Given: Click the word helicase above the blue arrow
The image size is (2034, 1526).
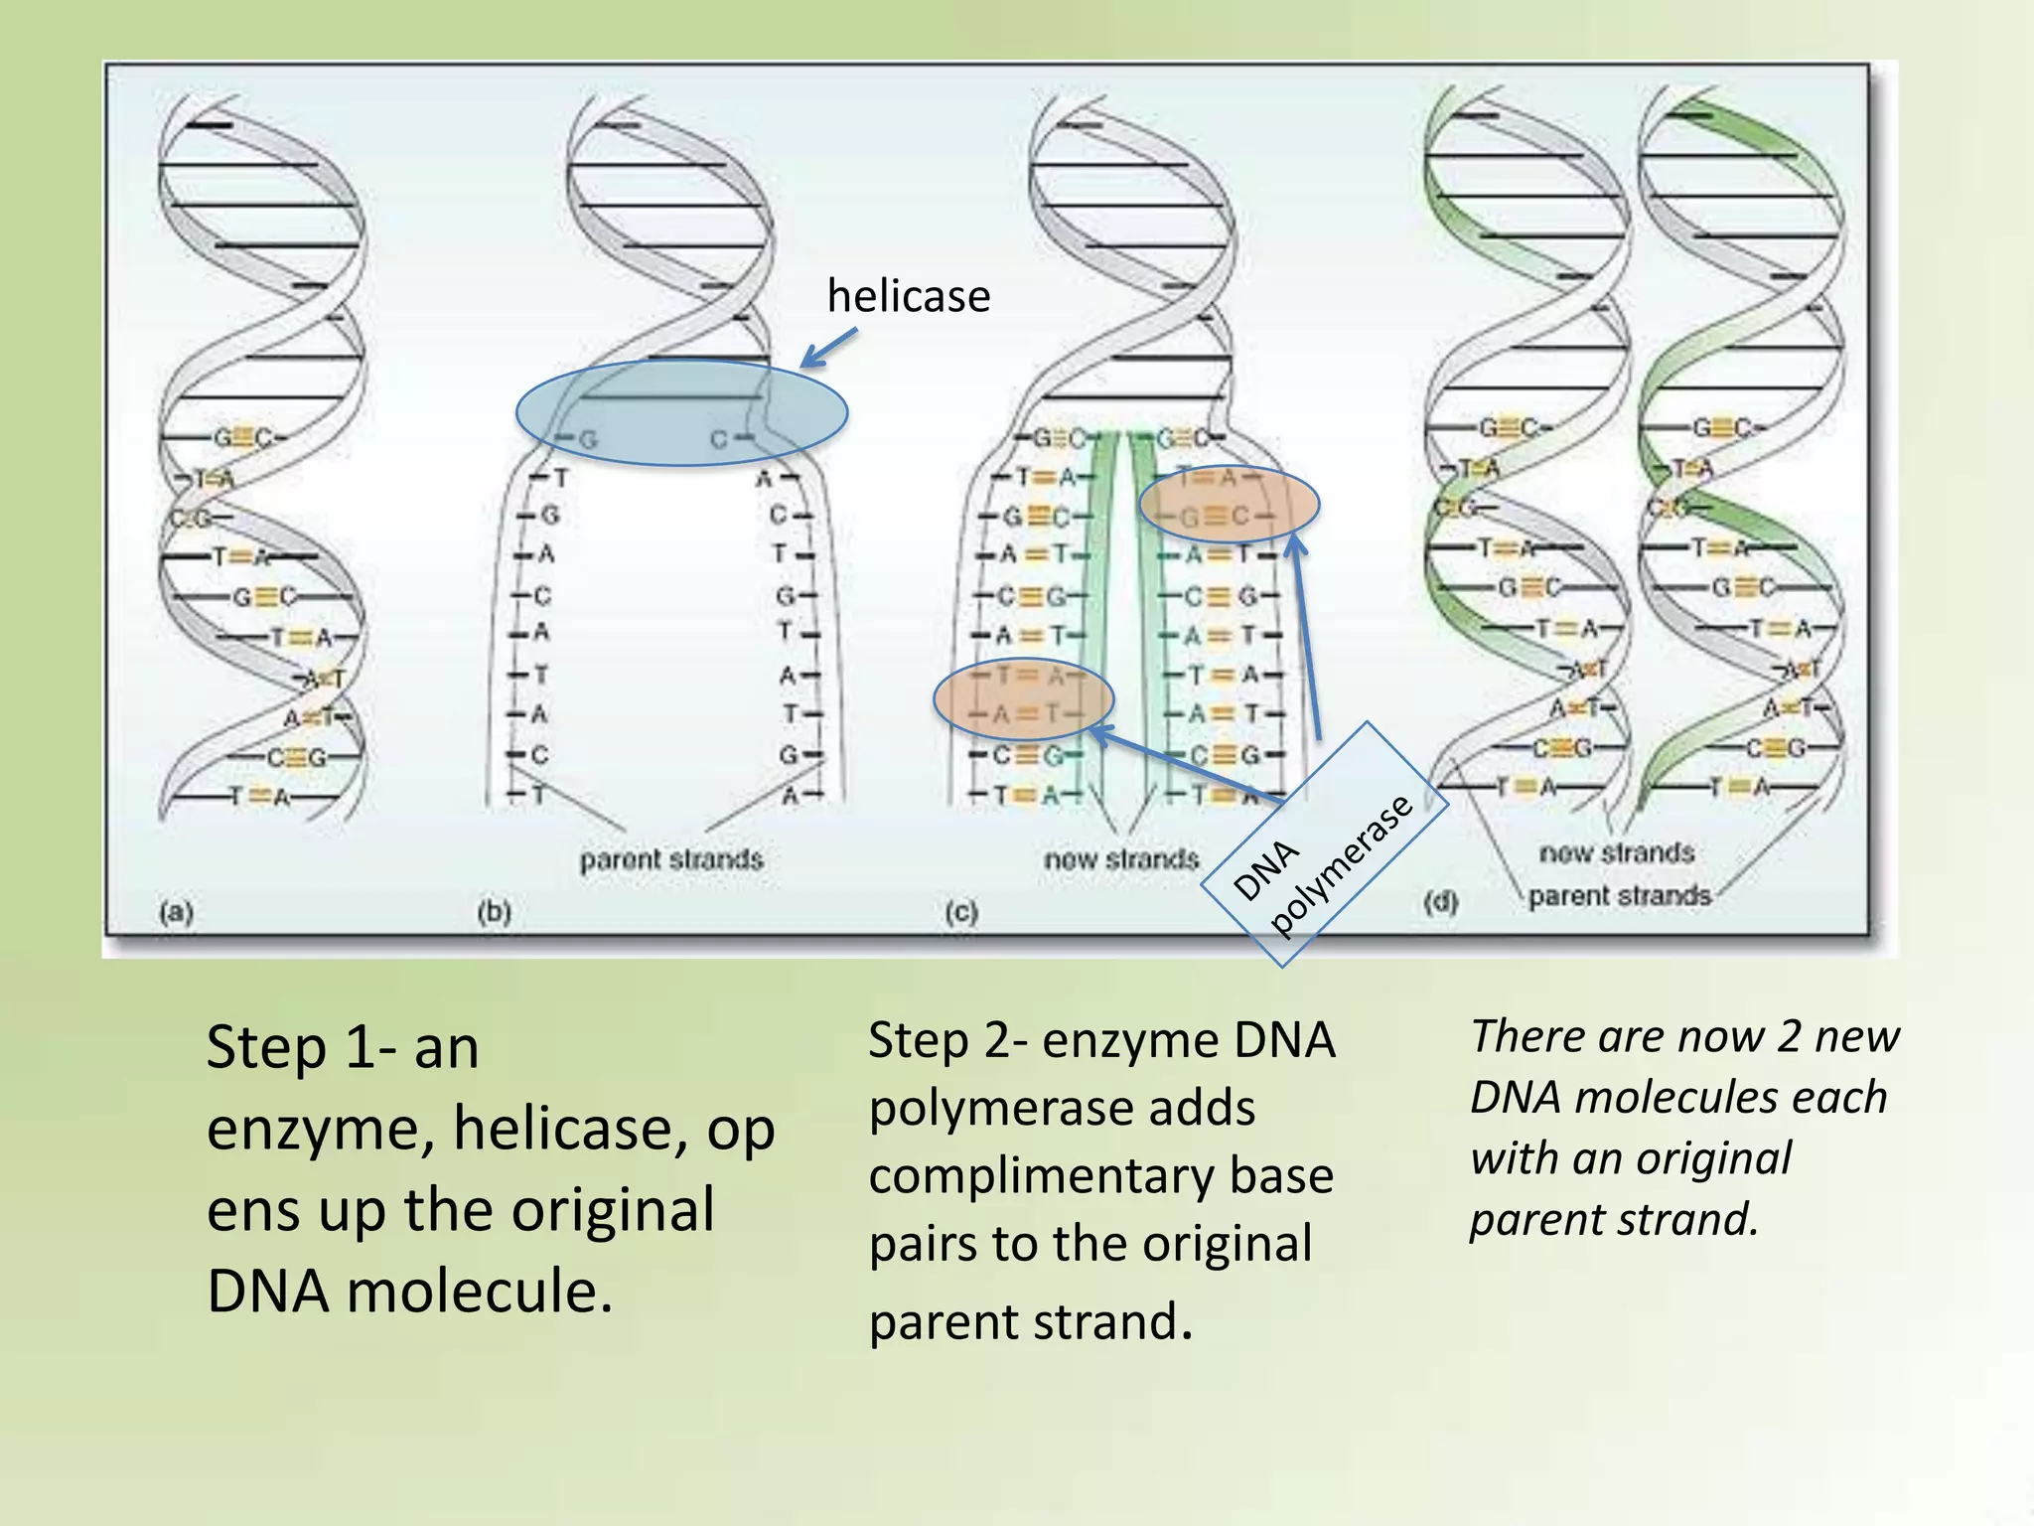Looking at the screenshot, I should click(x=909, y=296).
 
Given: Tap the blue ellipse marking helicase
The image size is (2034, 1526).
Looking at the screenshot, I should click(x=681, y=412).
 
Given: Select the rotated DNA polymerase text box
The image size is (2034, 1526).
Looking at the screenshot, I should click(x=1322, y=844).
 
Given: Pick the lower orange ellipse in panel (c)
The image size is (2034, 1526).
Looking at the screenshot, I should click(x=1023, y=698).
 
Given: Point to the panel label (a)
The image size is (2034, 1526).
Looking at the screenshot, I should click(x=176, y=911).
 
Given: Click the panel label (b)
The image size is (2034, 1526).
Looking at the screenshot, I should click(x=494, y=911).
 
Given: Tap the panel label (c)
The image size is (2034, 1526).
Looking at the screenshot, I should click(x=960, y=911).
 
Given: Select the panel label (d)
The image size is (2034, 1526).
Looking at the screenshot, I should click(x=1440, y=902).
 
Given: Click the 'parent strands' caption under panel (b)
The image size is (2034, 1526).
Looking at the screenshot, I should click(x=671, y=859).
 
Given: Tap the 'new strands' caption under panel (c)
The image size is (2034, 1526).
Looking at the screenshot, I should click(x=1121, y=858).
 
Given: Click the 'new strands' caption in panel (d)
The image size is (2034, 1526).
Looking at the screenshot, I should click(x=1616, y=852).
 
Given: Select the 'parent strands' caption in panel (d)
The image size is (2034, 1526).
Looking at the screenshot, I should click(x=1620, y=896).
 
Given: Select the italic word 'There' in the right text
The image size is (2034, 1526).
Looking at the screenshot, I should click(x=1521, y=1036).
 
